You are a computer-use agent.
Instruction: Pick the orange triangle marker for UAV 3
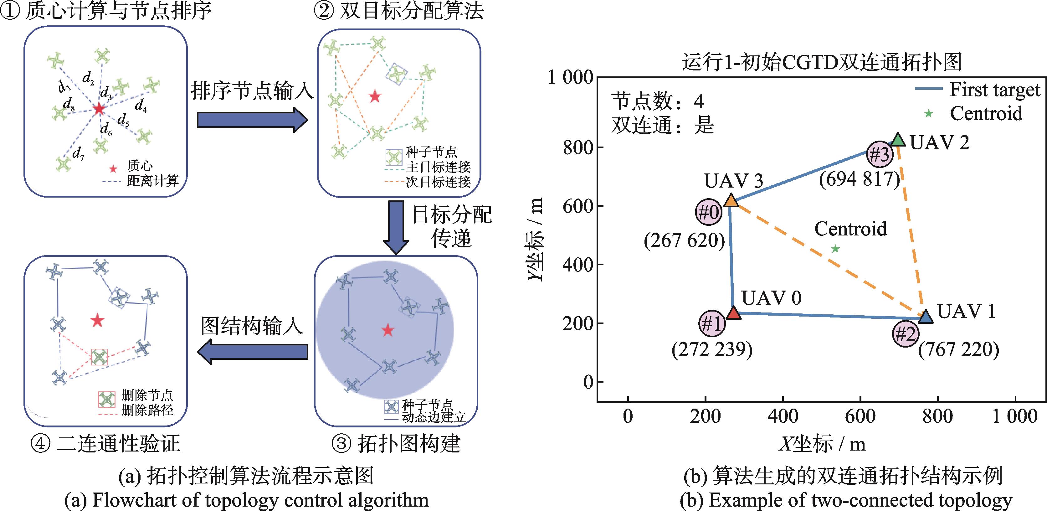[731, 200]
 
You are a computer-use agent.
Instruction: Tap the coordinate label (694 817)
[859, 179]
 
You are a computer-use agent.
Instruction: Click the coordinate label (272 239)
[712, 350]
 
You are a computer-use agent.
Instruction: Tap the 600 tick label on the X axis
[860, 416]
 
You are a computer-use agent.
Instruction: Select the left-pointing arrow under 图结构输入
[252, 352]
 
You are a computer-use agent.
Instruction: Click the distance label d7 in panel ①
[78, 154]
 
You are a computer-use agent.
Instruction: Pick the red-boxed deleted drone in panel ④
[99, 357]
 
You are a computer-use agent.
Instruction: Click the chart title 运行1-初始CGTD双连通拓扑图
[822, 62]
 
